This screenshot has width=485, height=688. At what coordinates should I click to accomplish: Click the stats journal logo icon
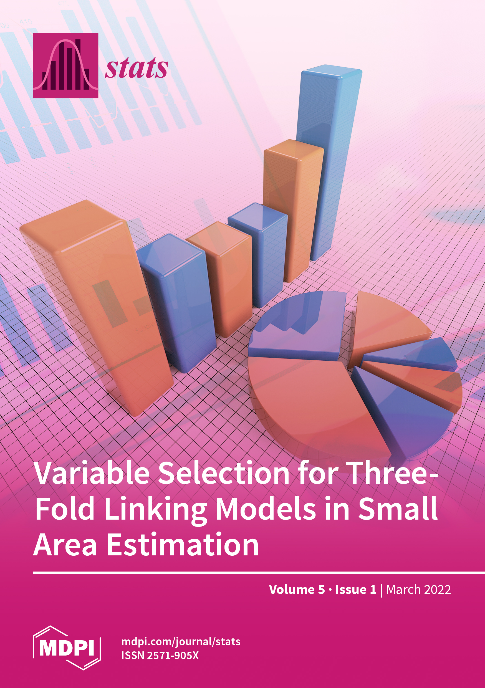point(65,65)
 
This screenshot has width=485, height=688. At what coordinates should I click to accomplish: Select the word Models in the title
point(266,508)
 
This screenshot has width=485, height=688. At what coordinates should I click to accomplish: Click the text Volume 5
point(297,590)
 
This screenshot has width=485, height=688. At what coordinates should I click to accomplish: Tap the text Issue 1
point(356,590)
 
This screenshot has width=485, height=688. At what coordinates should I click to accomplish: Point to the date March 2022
point(418,590)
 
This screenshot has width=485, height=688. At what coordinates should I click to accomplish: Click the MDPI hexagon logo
point(67,647)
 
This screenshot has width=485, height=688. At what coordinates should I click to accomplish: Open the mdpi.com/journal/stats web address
point(181,642)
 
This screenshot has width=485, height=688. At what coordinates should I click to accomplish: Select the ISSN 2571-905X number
point(160,655)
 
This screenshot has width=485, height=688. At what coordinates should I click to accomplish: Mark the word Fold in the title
point(65,508)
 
